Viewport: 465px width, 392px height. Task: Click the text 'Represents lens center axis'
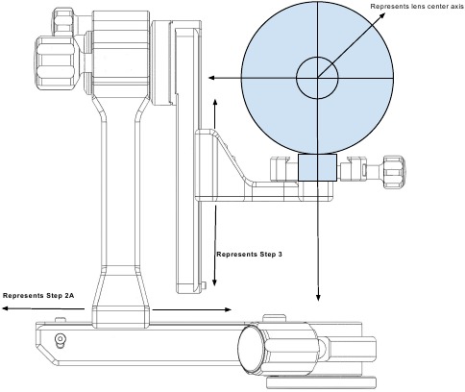click(417, 7)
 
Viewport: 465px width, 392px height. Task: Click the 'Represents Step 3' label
click(249, 255)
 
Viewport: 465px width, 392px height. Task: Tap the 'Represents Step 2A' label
click(38, 296)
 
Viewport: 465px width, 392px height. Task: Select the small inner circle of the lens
click(317, 78)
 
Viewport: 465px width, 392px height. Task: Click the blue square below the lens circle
click(317, 167)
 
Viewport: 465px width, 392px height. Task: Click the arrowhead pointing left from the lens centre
click(211, 78)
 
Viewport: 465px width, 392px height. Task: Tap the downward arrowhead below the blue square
click(318, 298)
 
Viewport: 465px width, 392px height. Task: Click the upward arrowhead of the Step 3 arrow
click(215, 102)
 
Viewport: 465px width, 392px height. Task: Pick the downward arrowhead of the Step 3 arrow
click(214, 282)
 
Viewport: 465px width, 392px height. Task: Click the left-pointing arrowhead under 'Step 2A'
click(6, 308)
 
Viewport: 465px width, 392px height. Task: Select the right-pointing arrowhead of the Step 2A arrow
click(228, 309)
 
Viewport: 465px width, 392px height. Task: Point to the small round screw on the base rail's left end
click(60, 339)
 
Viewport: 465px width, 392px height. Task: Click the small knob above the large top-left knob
click(64, 21)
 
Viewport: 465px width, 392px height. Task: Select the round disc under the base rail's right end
click(321, 382)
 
